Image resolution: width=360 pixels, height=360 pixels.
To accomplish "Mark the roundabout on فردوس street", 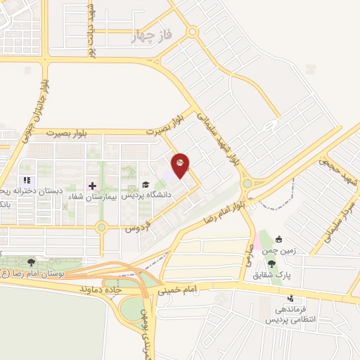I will pos(102,226).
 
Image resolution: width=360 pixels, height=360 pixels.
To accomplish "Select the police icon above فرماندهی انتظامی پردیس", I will pos(290,298).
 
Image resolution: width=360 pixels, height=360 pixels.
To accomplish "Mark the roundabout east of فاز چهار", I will pos(192,32).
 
